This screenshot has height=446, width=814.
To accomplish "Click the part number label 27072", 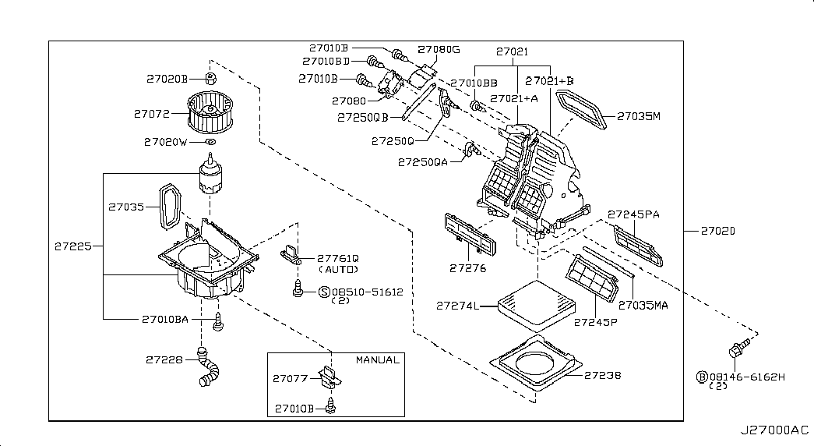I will [151, 114].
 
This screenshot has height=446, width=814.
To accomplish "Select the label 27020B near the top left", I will [167, 79].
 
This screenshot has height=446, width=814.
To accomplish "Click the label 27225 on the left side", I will [73, 246].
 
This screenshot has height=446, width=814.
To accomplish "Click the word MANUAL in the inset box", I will [377, 360].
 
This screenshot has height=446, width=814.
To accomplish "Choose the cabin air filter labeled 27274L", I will [535, 301].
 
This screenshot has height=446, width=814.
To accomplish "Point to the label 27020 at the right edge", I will [717, 231].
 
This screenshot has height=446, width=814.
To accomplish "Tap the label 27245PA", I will [633, 214].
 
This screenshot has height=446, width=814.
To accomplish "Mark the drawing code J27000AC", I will [774, 430].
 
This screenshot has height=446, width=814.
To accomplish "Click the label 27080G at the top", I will [439, 50].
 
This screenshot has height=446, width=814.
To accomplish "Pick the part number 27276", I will [467, 268].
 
